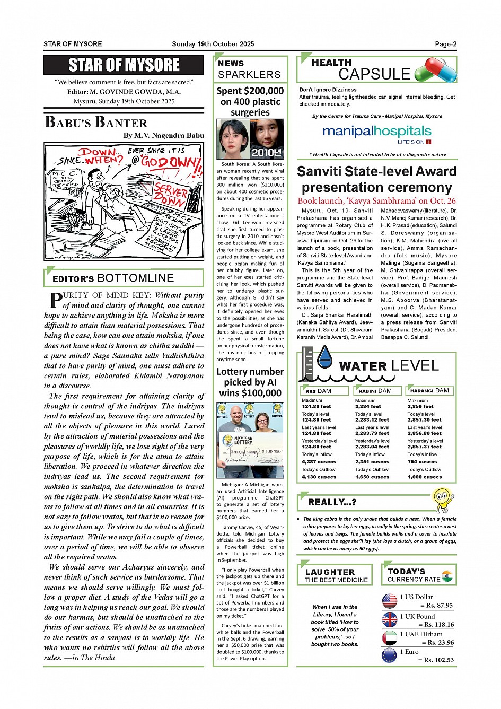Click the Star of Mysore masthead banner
point(124,65)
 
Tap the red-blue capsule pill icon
point(435,70)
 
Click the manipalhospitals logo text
point(376,131)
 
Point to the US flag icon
point(390,601)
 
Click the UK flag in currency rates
point(390,619)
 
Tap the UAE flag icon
point(390,637)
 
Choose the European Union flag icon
point(390,655)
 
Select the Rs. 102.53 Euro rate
point(438,660)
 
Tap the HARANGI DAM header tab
point(429,391)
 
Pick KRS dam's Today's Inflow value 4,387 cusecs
point(319,462)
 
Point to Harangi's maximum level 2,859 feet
point(420,406)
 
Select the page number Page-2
point(446,44)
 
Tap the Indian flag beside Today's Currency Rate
point(447,576)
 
